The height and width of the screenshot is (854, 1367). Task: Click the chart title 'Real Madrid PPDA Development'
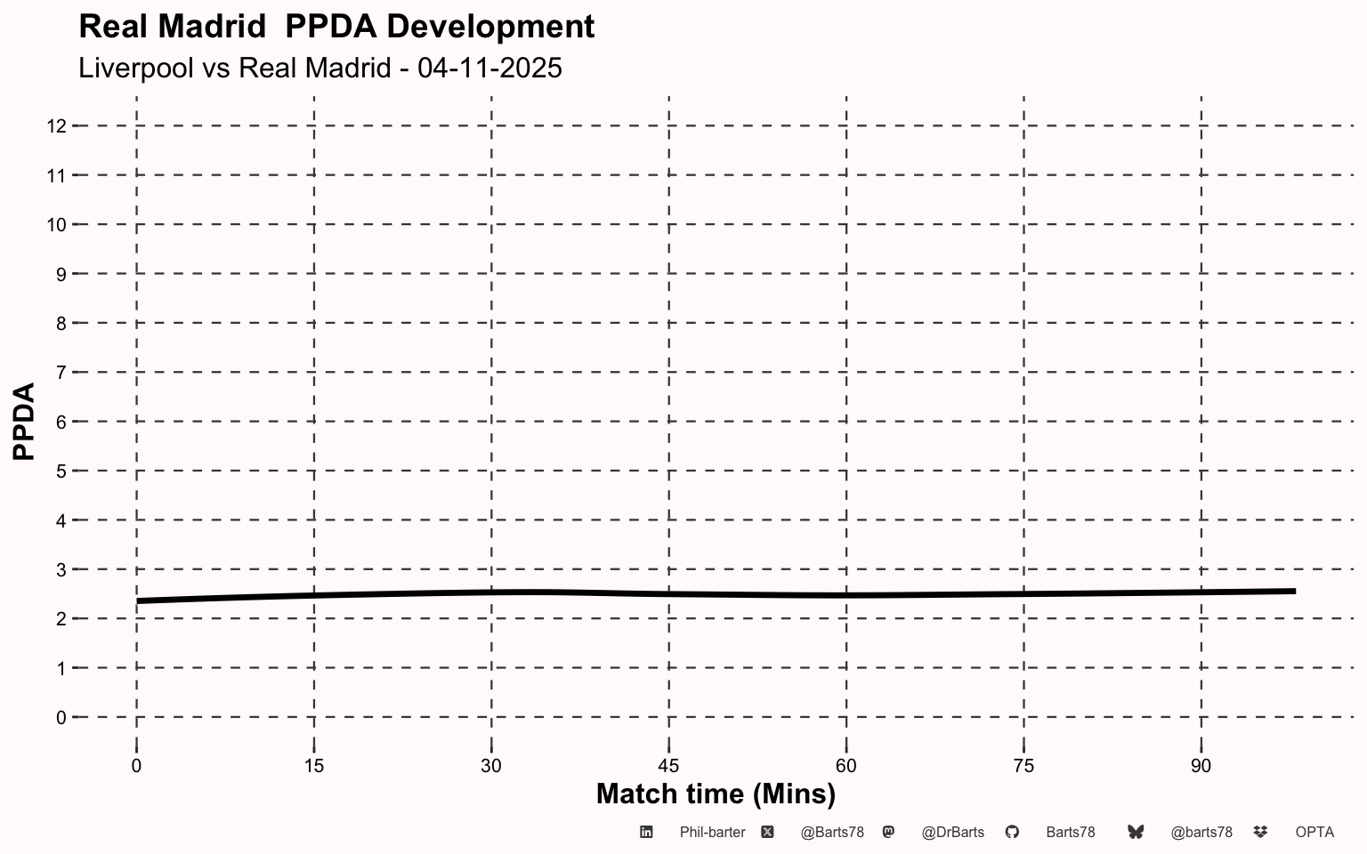336,27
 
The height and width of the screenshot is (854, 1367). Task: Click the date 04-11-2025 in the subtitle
489,68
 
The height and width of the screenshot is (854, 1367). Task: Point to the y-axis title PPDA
24,421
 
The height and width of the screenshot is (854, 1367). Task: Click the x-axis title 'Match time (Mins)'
716,793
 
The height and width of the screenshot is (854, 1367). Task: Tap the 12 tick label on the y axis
56,126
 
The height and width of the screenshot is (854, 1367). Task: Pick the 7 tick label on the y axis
61,372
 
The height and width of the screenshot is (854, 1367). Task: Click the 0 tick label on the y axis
61,717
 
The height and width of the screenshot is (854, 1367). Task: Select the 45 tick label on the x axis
668,766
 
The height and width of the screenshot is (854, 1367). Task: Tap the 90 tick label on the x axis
1201,766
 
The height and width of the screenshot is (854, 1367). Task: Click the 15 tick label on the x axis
314,766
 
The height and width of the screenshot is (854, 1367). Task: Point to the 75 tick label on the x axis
1023,766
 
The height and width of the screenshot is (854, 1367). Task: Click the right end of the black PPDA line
1293,591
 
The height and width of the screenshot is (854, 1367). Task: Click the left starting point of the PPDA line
138,601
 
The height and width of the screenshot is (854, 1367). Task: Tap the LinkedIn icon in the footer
646,832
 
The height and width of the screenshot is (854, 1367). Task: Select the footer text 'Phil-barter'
712,833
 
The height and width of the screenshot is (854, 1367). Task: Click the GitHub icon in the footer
1012,832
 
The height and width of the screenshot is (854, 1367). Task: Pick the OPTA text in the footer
1314,833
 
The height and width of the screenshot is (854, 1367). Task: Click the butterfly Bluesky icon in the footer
1136,832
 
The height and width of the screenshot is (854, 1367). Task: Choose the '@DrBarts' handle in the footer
952,833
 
